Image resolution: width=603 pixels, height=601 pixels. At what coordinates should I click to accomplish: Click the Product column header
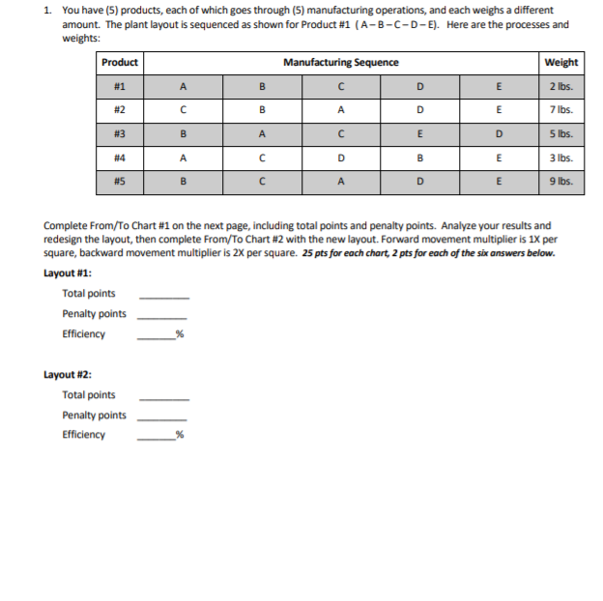click(x=120, y=63)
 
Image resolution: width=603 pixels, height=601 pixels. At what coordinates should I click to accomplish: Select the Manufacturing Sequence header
click(x=340, y=63)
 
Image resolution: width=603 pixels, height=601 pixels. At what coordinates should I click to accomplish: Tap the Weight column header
click(x=560, y=63)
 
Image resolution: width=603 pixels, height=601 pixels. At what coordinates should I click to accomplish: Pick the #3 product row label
click(x=120, y=133)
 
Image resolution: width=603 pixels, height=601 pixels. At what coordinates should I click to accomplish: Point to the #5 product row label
click(x=120, y=180)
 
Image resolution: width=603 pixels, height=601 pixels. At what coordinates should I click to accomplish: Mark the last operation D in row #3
click(x=499, y=133)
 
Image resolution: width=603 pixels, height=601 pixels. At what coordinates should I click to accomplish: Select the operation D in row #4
click(x=340, y=157)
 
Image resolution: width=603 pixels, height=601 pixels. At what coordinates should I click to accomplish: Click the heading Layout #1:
click(x=68, y=273)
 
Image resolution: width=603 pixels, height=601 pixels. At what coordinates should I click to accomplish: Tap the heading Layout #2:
click(x=68, y=374)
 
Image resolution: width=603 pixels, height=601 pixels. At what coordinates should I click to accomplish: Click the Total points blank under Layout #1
click(x=164, y=295)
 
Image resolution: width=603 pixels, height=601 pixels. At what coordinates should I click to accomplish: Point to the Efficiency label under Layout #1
click(x=84, y=334)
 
